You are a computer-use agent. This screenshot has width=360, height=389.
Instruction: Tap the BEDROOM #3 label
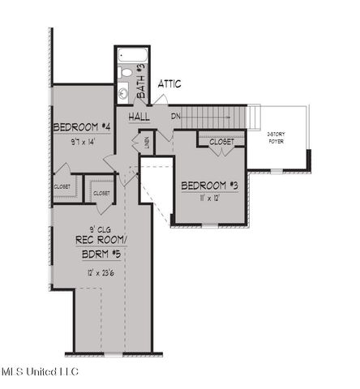pyautogui.click(x=209, y=184)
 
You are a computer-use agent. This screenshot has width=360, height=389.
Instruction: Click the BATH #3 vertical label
pyautogui.click(x=141, y=83)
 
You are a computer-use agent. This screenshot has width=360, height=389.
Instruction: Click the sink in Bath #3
pyautogui.click(x=123, y=93)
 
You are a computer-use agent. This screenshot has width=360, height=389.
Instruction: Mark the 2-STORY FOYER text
pyautogui.click(x=278, y=139)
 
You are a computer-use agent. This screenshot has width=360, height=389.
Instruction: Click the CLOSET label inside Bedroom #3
pyautogui.click(x=221, y=142)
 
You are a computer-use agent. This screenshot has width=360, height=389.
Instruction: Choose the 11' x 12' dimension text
pyautogui.click(x=209, y=198)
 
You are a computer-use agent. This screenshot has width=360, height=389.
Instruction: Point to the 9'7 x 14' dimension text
pyautogui.click(x=83, y=142)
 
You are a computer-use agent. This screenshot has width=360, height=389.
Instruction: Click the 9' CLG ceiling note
pyautogui.click(x=99, y=227)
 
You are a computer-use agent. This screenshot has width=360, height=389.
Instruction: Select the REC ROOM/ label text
pyautogui.click(x=100, y=240)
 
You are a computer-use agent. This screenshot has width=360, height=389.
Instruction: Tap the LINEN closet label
pyautogui.click(x=146, y=143)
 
